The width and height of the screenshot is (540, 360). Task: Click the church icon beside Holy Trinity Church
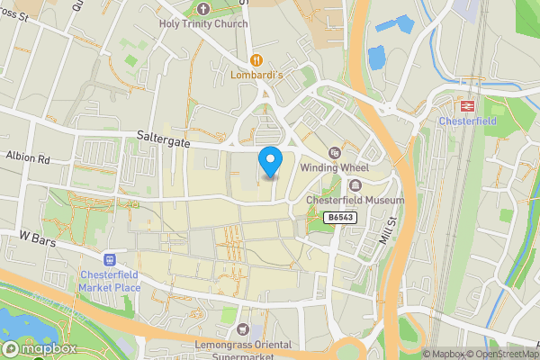(x=202, y=9)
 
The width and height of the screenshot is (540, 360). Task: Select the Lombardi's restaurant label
(x=256, y=76)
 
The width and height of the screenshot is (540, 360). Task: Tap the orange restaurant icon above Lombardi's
(x=256, y=60)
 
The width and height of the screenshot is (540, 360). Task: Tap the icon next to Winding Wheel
(x=335, y=152)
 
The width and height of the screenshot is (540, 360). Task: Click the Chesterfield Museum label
(x=354, y=200)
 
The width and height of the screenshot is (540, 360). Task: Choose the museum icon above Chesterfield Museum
(x=354, y=184)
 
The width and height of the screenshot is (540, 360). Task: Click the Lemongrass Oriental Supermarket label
(x=244, y=350)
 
